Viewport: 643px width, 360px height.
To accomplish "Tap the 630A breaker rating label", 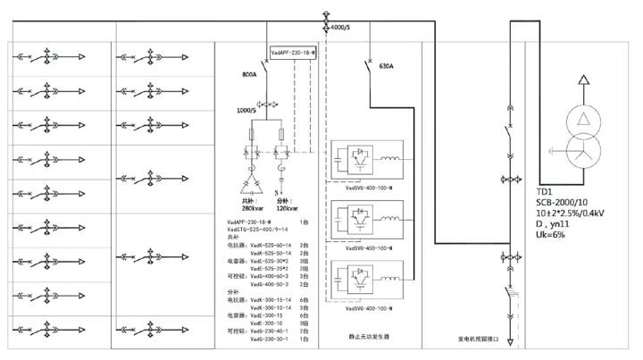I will click(386, 66).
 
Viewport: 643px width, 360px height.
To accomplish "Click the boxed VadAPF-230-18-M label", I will click(293, 54).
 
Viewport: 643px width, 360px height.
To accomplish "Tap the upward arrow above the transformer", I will click(580, 83).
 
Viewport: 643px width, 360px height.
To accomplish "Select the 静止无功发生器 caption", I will click(369, 337).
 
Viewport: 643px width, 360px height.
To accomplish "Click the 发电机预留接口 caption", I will click(475, 339).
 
